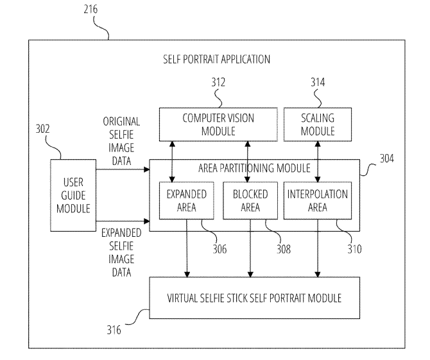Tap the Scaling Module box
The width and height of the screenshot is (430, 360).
tap(318, 124)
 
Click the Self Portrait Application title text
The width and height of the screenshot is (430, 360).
tap(217, 58)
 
